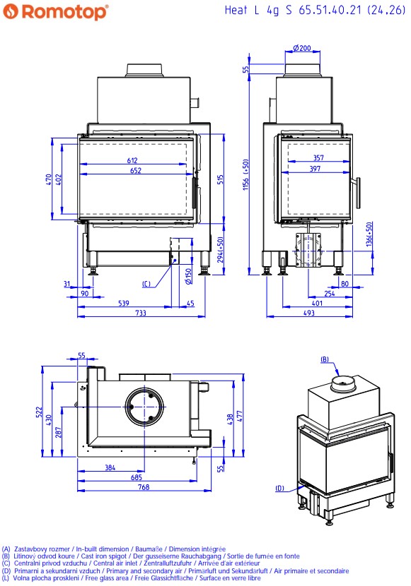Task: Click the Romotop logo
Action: (x=56, y=11)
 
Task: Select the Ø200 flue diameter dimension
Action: (x=302, y=48)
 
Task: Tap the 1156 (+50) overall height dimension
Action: (x=245, y=174)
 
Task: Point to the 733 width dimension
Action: (x=140, y=313)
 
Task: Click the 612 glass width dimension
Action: (x=132, y=160)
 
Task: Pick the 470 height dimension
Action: (x=49, y=181)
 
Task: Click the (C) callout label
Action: (x=146, y=284)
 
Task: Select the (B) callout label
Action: (x=325, y=359)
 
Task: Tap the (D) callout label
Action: (x=279, y=488)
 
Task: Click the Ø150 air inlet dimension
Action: (x=188, y=276)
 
